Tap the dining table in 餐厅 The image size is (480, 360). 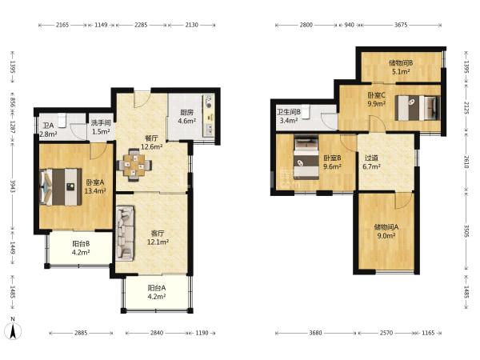134,166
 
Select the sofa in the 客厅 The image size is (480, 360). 125,234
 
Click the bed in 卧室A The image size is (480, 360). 61,186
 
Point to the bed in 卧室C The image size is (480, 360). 418,108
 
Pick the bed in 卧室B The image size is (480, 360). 306,158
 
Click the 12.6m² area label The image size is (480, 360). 151,147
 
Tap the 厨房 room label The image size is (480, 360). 186,113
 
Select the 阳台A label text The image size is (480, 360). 157,288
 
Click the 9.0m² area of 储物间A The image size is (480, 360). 386,236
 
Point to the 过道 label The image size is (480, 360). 371,158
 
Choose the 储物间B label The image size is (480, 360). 401,63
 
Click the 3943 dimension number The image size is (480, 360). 13,186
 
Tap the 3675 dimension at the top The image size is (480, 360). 401,25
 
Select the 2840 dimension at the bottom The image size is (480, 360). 157,333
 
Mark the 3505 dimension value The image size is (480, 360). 466,231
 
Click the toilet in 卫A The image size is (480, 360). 62,120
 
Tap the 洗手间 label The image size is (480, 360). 101,123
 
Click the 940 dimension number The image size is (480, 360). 350,25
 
